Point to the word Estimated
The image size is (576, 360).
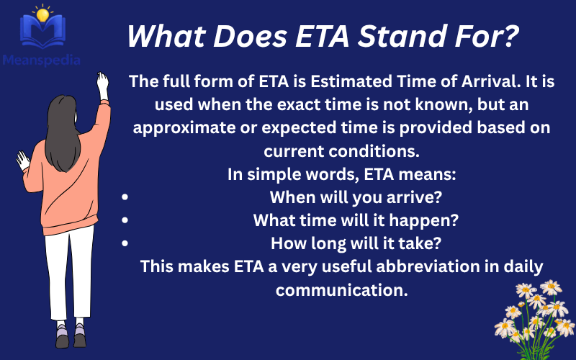[336, 81]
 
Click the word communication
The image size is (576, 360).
[342, 290]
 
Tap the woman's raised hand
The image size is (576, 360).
[102, 82]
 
